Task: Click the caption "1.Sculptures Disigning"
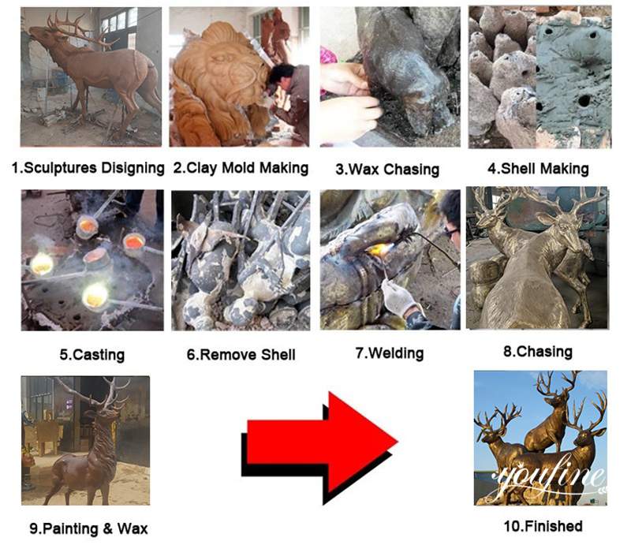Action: pyautogui.click(x=88, y=168)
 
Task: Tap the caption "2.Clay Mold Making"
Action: pyautogui.click(x=241, y=168)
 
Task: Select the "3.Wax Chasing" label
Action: pyautogui.click(x=387, y=169)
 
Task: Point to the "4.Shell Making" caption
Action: pyautogui.click(x=538, y=168)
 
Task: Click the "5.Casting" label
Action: pyautogui.click(x=92, y=355)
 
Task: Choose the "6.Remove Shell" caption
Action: pyautogui.click(x=241, y=355)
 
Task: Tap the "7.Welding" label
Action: pyautogui.click(x=390, y=353)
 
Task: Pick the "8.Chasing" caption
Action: pyautogui.click(x=538, y=352)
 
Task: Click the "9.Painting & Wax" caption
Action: pyautogui.click(x=88, y=528)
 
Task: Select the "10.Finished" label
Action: pyautogui.click(x=543, y=526)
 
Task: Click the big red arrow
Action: pyautogui.click(x=320, y=447)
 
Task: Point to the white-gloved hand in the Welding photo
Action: pyautogui.click(x=398, y=298)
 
